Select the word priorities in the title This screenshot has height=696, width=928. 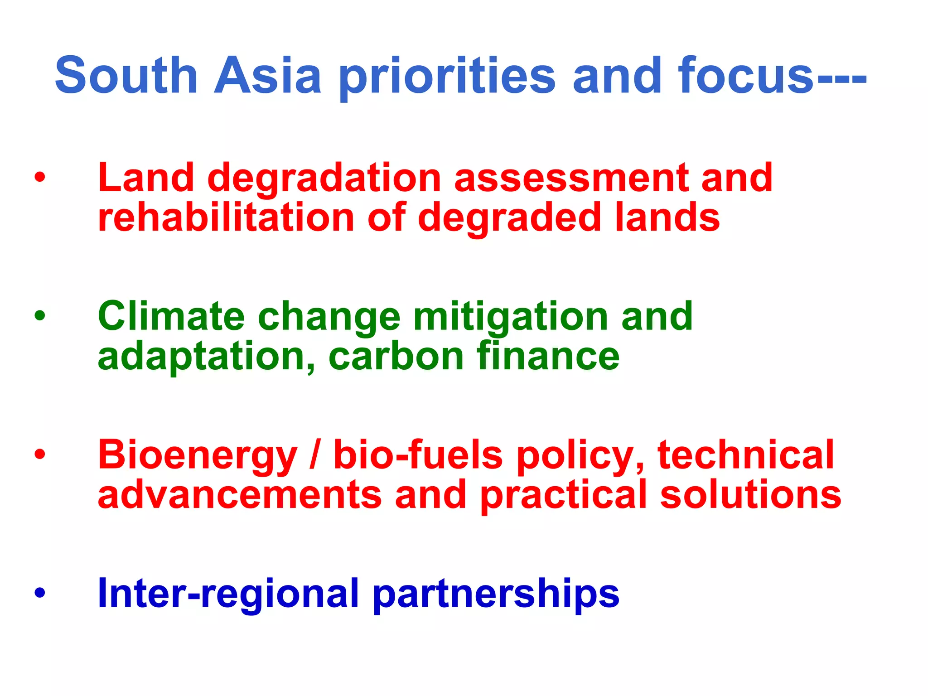pos(447,77)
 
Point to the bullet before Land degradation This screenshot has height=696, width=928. pos(40,177)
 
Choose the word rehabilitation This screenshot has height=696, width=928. pos(226,217)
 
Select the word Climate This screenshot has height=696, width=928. pos(171,316)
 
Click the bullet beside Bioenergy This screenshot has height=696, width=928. pos(40,454)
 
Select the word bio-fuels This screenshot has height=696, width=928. pos(418,455)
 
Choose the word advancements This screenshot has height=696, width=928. pos(240,495)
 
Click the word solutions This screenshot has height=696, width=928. pos(750,495)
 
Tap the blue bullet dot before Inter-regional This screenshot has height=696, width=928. pos(40,593)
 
